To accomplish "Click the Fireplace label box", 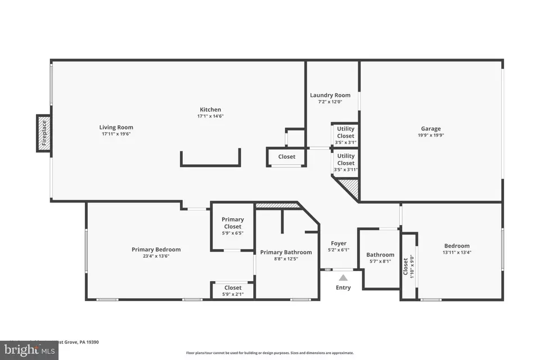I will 44,133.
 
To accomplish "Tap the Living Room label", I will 116,128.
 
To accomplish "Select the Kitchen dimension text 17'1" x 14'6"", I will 210,116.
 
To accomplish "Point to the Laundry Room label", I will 330,96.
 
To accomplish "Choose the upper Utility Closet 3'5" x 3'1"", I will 345,136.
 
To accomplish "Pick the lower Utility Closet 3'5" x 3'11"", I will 345,163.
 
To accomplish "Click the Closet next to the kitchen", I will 287,157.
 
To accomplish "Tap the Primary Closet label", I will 232,223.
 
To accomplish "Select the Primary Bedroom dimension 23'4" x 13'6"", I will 156,256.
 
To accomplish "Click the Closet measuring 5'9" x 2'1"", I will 232,291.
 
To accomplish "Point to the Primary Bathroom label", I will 286,253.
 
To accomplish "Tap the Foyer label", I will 339,244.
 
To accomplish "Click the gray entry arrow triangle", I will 343,277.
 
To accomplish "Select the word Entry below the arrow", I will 343,287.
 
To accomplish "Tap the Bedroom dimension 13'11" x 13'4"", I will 457,253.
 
